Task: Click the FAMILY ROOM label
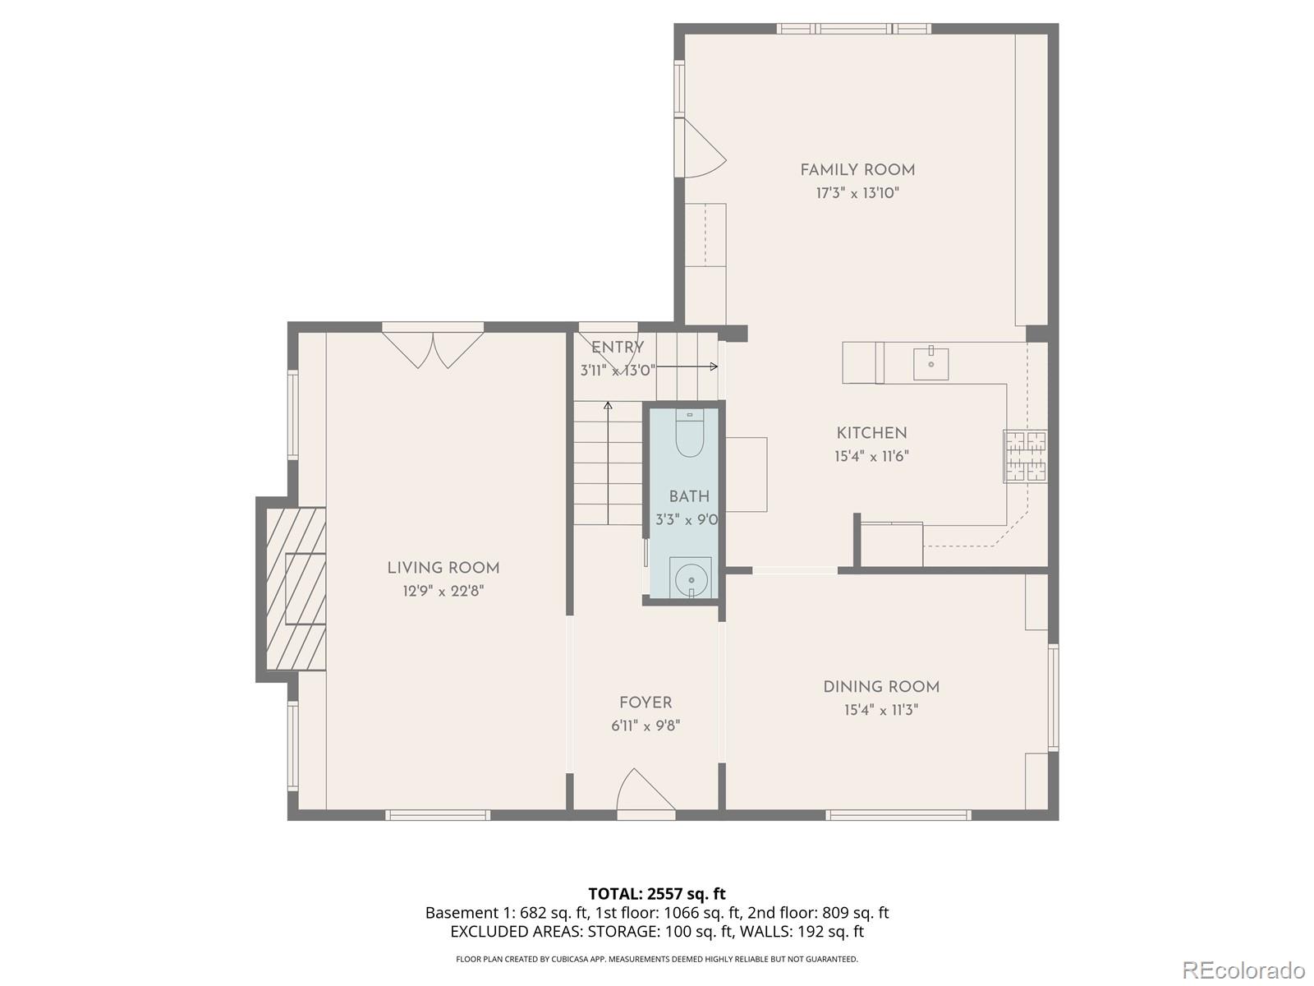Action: pos(857,170)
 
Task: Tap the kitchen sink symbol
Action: pos(930,363)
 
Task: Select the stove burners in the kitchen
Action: pos(1025,456)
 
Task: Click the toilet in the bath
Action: pos(689,435)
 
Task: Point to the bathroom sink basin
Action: pos(690,578)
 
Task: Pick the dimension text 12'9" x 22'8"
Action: pos(443,591)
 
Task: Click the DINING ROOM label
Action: pos(881,687)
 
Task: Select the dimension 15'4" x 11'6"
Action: pos(871,456)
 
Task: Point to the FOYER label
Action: pos(646,703)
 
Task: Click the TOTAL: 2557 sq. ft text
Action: pos(656,893)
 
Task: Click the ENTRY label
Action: pos(618,348)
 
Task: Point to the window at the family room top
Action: pos(854,29)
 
